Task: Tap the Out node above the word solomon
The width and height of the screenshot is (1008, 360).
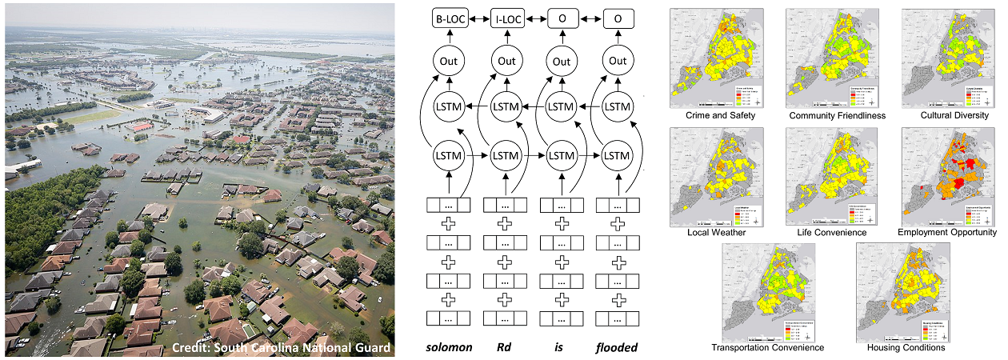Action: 449,61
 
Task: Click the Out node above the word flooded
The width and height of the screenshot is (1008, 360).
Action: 618,61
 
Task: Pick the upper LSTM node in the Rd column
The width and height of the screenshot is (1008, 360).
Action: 505,106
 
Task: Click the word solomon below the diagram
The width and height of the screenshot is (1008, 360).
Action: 448,346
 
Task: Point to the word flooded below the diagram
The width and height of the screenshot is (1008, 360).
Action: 617,346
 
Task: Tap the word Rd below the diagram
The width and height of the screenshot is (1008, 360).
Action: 505,346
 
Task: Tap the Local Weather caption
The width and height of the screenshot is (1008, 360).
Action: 716,232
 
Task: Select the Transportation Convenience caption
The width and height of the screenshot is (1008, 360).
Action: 768,348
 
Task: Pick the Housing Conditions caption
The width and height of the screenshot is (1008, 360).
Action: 906,348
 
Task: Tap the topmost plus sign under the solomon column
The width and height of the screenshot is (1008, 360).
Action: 449,223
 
